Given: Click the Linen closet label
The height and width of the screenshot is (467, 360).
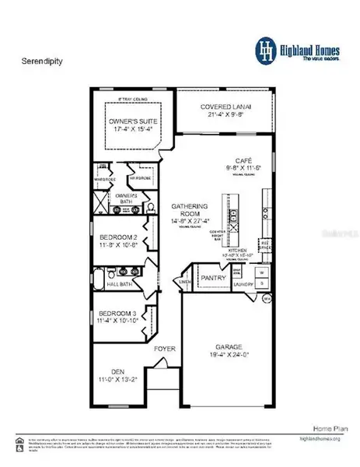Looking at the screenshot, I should (x=186, y=281).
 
